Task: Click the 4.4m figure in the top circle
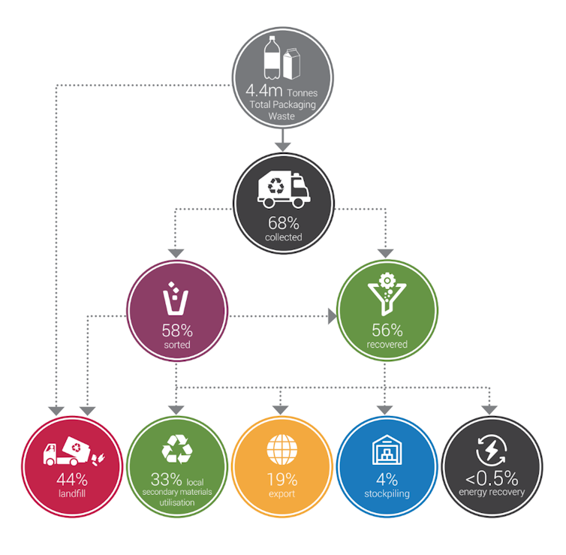(264, 90)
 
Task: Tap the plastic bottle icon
(272, 57)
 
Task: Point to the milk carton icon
(292, 64)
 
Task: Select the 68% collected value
(283, 223)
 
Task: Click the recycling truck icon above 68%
(284, 189)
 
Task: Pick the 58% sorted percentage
(177, 330)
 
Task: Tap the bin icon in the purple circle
(176, 299)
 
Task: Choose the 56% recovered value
(387, 330)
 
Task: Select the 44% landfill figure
(72, 480)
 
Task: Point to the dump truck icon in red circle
(74, 451)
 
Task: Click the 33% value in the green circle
(167, 480)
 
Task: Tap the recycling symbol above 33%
(177, 449)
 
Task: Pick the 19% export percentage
(282, 480)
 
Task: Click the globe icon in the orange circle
(282, 450)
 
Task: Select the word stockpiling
(387, 493)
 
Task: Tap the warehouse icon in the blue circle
(387, 450)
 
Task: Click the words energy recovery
(492, 492)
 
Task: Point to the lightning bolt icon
(491, 451)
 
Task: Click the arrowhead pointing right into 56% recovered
(333, 316)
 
